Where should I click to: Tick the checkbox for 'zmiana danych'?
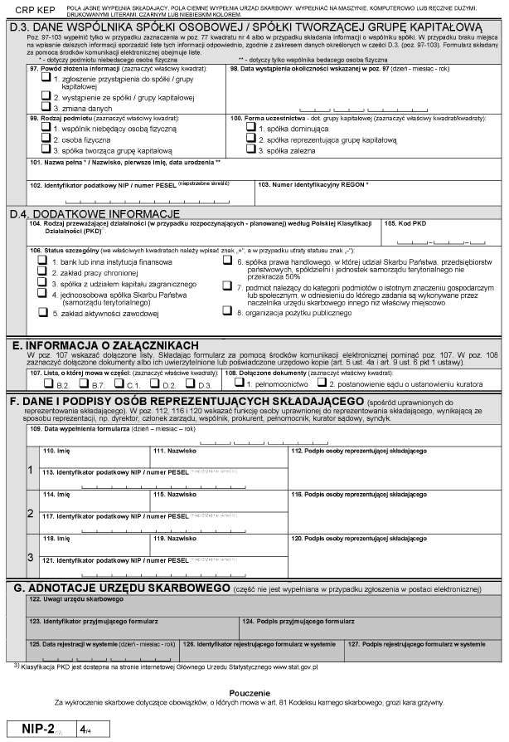[48, 108]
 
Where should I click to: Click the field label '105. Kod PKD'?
[407, 224]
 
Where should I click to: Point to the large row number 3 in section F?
[31, 556]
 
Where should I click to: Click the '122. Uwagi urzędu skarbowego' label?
[70, 599]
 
